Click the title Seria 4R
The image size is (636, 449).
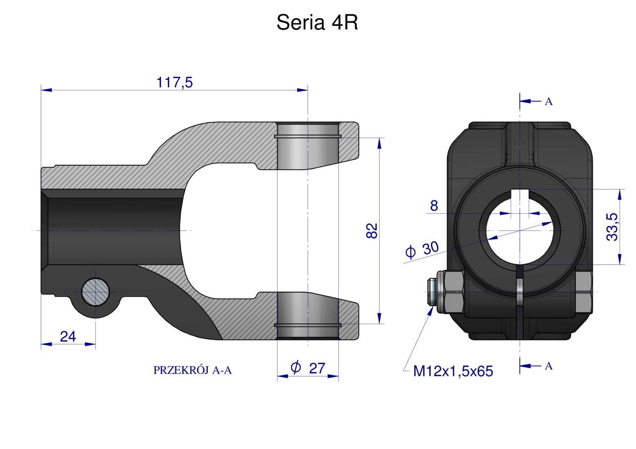click(x=317, y=22)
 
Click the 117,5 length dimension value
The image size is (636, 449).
click(x=174, y=82)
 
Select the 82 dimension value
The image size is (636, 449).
click(x=372, y=231)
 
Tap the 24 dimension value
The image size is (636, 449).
click(x=68, y=337)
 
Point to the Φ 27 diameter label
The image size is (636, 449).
click(x=308, y=368)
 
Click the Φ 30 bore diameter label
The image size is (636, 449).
click(x=422, y=250)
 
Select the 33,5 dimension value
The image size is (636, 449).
click(x=612, y=227)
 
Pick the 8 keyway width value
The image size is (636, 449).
click(x=434, y=205)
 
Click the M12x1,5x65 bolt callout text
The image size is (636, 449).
click(x=453, y=371)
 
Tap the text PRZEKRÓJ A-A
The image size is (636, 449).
click(x=192, y=370)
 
